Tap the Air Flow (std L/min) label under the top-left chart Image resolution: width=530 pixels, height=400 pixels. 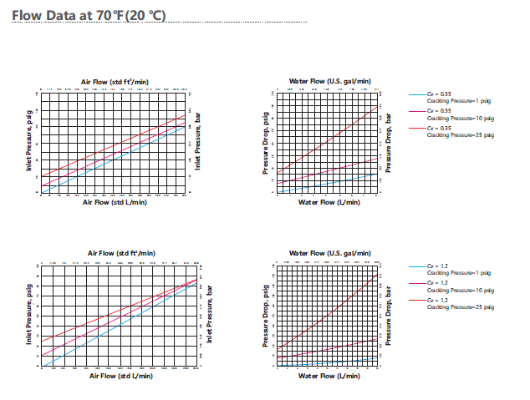pyautogui.click(x=115, y=201)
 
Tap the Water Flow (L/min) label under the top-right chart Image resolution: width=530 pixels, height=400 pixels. pyautogui.click(x=327, y=201)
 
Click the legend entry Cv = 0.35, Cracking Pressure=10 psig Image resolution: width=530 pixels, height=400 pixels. pyautogui.click(x=451, y=114)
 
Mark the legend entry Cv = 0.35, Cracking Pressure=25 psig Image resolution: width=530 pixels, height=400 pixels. pyautogui.click(x=451, y=129)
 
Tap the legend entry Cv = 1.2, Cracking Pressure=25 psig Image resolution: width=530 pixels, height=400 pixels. pyautogui.click(x=451, y=303)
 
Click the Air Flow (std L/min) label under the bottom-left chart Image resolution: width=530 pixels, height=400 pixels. pyautogui.click(x=120, y=375)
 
